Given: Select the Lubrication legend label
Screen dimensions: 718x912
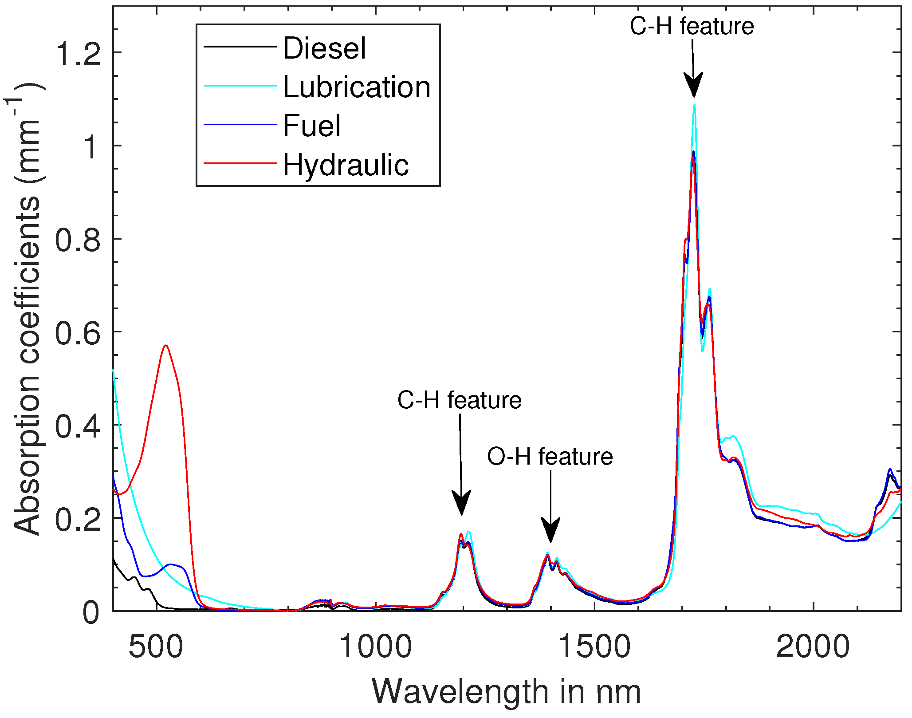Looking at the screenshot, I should [357, 87].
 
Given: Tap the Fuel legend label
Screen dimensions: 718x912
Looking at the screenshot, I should [312, 126].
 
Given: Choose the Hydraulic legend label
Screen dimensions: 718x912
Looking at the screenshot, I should [346, 165].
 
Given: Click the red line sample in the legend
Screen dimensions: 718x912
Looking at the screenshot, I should [240, 164].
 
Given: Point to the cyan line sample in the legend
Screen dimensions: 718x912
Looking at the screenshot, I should [240, 86].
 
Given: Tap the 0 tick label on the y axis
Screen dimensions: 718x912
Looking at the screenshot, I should [90, 612].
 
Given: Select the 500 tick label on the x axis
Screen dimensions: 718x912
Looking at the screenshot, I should [155, 647].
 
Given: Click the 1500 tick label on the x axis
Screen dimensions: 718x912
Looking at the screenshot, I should [594, 647].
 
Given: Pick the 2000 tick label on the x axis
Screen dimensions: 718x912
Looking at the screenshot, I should [813, 647].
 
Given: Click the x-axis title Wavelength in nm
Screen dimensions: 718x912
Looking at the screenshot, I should [506, 691].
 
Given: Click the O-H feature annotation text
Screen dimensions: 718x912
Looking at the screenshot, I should [550, 457].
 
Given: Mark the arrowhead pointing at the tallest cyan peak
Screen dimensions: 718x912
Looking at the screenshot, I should [693, 87].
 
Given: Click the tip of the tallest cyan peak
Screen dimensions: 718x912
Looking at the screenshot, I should [694, 105].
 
